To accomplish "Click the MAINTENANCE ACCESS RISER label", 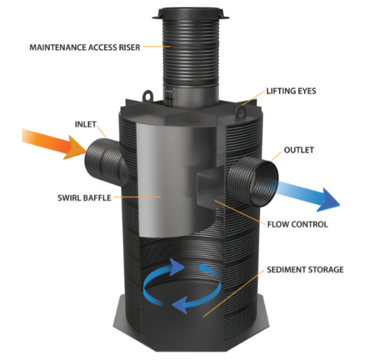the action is click(x=84, y=47).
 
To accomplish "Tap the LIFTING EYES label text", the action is click(x=291, y=91).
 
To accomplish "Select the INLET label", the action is click(x=86, y=124).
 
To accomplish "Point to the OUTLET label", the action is click(x=299, y=150).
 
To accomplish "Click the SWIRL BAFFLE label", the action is click(x=84, y=198).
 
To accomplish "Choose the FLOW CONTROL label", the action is click(x=297, y=224).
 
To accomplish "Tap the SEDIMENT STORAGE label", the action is click(x=305, y=269).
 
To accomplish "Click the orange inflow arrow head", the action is click(x=75, y=148).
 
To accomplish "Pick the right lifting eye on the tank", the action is click(x=241, y=113).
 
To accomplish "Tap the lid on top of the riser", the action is click(x=191, y=14).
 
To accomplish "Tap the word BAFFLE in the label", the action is click(x=96, y=198).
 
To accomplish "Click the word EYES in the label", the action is click(x=306, y=91).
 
